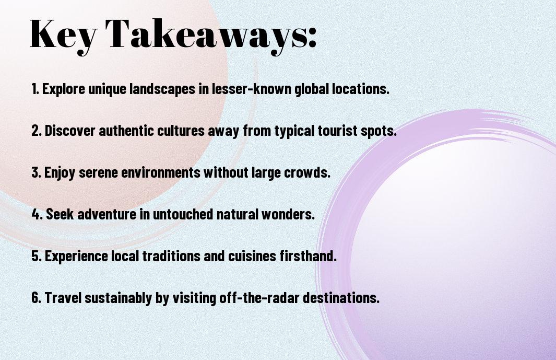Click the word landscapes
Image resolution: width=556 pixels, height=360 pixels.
pos(162,89)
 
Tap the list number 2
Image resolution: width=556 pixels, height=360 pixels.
pos(37,131)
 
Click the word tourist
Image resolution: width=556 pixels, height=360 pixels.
pos(338,130)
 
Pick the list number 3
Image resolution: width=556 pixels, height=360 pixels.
pos(36,172)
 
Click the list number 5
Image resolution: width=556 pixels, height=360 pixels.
pos(37,256)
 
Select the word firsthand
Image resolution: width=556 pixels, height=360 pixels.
pos(308,256)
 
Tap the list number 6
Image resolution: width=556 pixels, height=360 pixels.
pos(37,297)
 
